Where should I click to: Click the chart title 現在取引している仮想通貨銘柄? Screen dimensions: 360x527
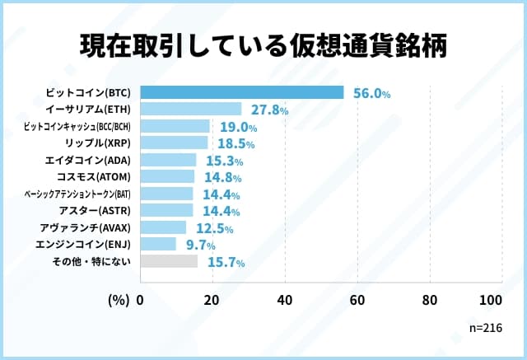point(263,47)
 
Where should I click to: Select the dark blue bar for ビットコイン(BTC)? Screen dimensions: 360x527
point(242,92)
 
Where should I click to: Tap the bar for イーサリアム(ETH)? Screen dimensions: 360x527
point(191,109)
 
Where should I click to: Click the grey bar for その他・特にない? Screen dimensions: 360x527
point(169,261)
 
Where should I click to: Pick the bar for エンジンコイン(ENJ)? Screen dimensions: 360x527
point(158,244)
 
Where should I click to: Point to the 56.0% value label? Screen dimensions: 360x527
point(371,94)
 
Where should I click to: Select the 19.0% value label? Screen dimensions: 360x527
point(238,128)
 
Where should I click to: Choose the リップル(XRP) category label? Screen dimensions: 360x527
point(97,143)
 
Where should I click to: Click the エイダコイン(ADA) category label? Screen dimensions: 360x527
point(90,160)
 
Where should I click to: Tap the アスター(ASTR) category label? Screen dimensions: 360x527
point(94,210)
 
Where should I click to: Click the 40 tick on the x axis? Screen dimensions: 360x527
point(285,300)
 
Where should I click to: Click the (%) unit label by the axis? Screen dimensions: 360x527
point(119,300)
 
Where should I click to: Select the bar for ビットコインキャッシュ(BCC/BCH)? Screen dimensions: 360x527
point(175,126)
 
